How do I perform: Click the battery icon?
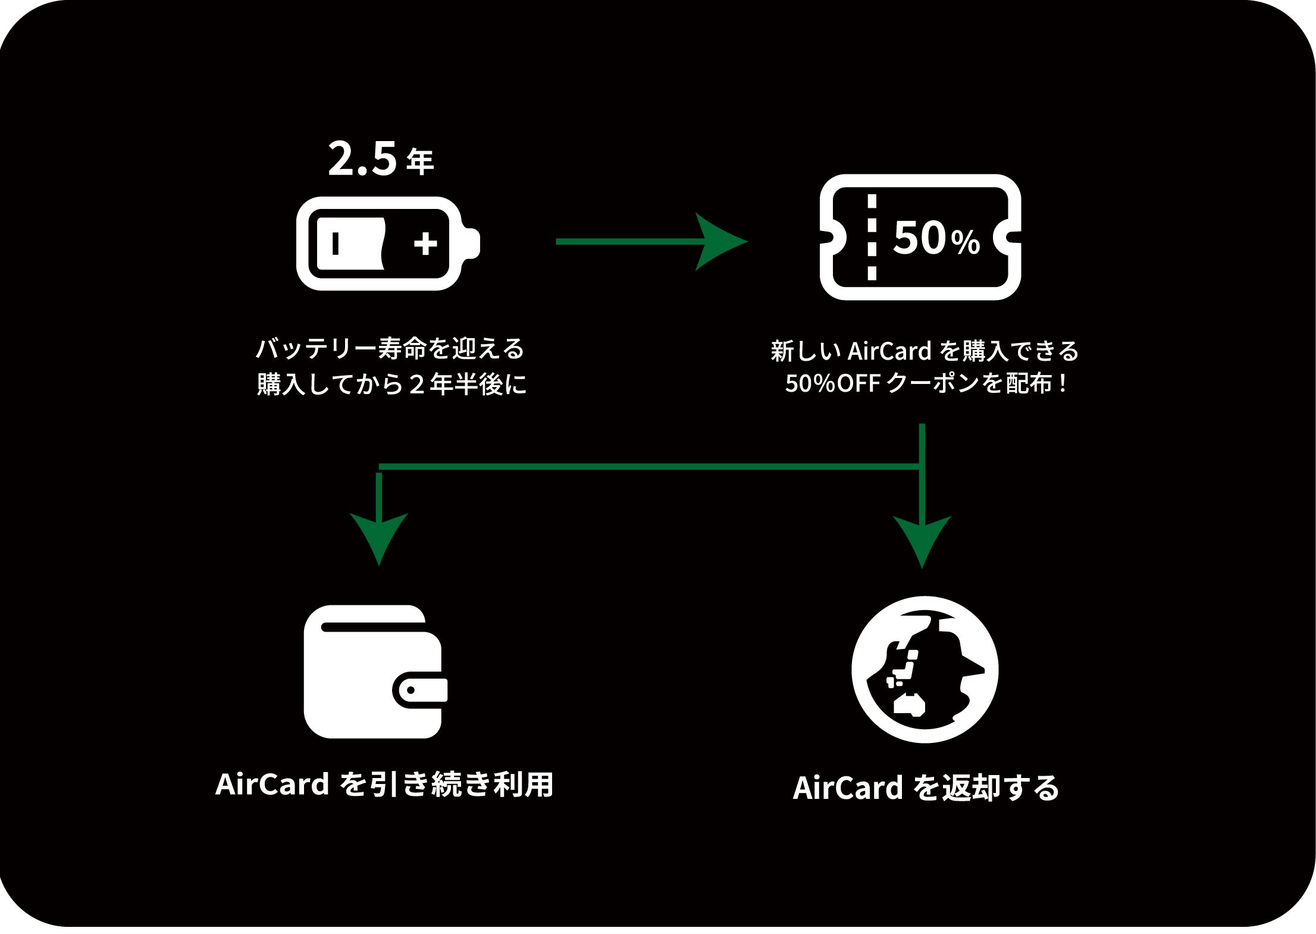pos(387,243)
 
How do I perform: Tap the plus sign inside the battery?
pos(425,243)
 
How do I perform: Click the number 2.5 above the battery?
pos(362,159)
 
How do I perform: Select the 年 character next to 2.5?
pos(420,162)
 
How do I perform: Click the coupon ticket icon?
pos(920,237)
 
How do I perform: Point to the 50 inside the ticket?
pos(919,238)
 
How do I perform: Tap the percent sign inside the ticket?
pos(965,242)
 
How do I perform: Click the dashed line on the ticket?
pos(872,237)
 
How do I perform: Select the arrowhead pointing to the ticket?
pos(720,242)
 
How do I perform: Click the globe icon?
pos(925,669)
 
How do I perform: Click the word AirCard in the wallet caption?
pos(272,784)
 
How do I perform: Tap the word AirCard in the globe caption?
pos(848,788)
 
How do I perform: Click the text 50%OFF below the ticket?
pos(832,383)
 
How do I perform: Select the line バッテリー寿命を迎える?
pos(390,349)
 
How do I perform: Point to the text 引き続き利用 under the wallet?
pos(462,784)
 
